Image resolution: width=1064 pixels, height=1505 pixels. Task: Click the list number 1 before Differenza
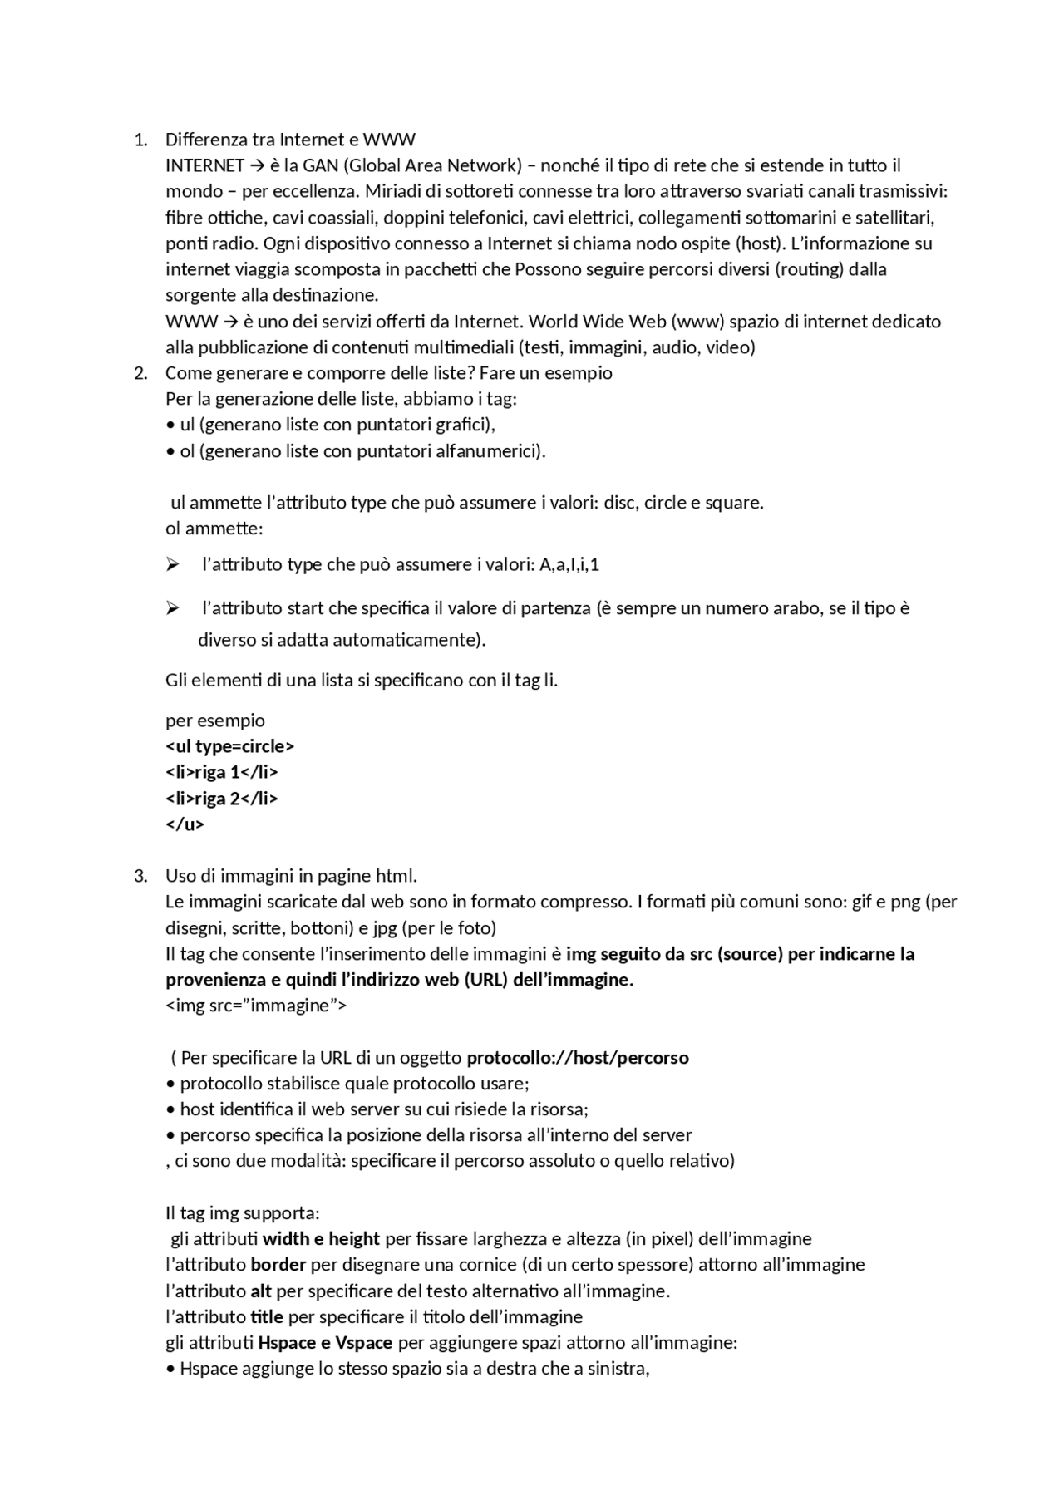coord(139,140)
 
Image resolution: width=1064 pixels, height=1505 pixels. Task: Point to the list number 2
coord(139,373)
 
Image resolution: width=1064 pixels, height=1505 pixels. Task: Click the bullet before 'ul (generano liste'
coord(170,425)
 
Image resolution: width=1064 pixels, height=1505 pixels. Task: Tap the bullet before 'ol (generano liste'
coord(170,451)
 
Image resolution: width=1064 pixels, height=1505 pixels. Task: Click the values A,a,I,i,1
coord(569,565)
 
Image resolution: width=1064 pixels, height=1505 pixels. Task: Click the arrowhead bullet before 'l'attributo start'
coord(172,608)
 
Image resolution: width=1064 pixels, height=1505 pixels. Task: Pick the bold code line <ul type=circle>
coord(230,746)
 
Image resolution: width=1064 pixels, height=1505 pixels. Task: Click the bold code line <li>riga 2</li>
coord(222,799)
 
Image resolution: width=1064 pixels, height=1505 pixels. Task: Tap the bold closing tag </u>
coord(185,824)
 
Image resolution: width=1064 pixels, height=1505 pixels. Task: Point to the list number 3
coord(139,876)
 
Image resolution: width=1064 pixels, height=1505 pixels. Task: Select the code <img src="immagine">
coord(256,1006)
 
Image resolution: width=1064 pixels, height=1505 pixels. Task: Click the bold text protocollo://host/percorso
coord(578,1058)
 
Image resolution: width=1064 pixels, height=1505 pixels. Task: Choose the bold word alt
coord(261,1291)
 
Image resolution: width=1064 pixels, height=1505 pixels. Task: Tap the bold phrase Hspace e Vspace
coord(325,1343)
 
